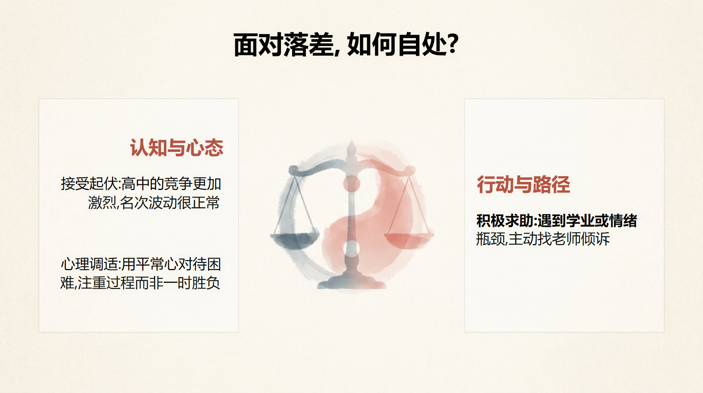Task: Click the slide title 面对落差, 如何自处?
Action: click(x=346, y=45)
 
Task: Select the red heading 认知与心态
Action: click(x=177, y=148)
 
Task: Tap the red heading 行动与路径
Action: click(x=523, y=185)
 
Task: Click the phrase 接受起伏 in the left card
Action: click(x=89, y=184)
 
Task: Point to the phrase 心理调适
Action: click(x=89, y=264)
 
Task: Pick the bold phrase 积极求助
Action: click(x=505, y=221)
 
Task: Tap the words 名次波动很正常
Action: click(x=170, y=203)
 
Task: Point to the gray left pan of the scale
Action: click(x=295, y=239)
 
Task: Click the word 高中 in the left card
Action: click(x=135, y=184)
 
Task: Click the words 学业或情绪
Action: click(x=601, y=221)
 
